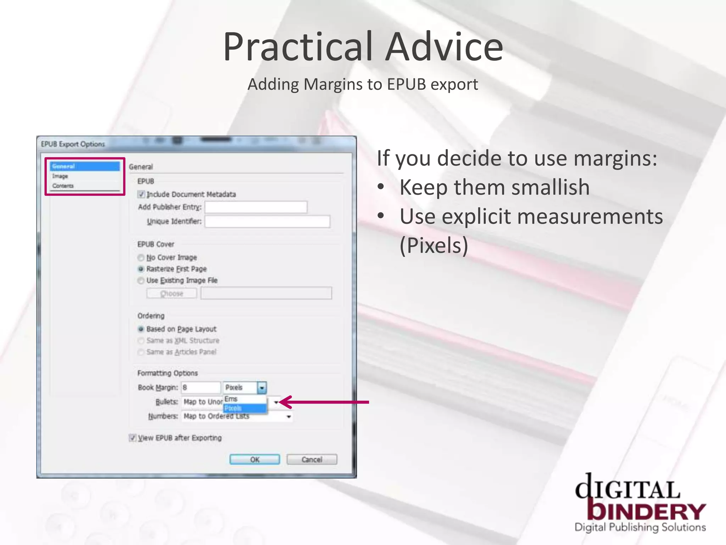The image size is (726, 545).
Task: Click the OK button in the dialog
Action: click(255, 459)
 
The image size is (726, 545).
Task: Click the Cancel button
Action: click(312, 459)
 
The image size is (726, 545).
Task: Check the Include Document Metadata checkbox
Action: click(141, 194)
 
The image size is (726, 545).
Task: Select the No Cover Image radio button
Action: click(141, 257)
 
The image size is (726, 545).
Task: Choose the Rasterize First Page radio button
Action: click(141, 269)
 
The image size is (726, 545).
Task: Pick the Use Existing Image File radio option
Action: click(141, 280)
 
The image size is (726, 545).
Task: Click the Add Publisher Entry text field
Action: click(256, 207)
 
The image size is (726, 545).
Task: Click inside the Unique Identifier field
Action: click(267, 221)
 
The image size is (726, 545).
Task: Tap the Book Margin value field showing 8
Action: click(201, 387)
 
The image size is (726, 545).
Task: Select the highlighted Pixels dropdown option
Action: click(244, 408)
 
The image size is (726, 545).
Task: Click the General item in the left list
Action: click(84, 166)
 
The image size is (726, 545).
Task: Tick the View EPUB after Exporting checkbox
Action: click(133, 437)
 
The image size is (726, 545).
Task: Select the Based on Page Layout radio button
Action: click(141, 329)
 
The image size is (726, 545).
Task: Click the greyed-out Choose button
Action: click(172, 293)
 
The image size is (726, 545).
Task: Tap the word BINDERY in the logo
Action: click(647, 511)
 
